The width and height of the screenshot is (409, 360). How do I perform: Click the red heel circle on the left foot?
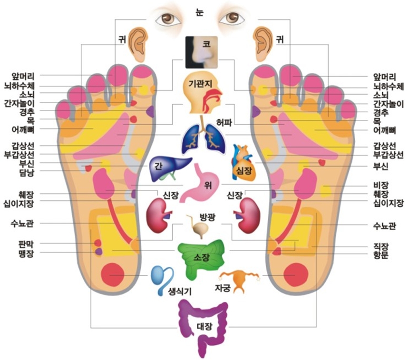114,275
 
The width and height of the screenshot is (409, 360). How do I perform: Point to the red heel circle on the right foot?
295,275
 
